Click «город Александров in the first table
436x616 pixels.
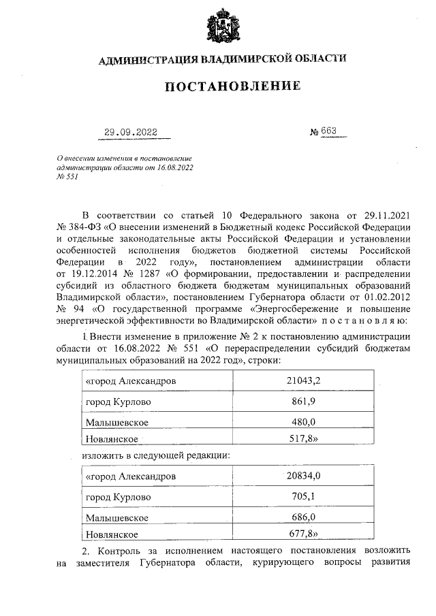[x=129, y=381]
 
